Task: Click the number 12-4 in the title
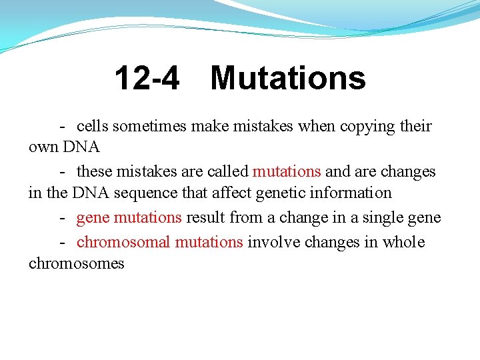(147, 79)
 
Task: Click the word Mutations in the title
(288, 79)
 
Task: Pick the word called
(227, 171)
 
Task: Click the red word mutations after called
(287, 171)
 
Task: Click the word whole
(403, 242)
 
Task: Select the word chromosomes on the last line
(77, 263)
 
